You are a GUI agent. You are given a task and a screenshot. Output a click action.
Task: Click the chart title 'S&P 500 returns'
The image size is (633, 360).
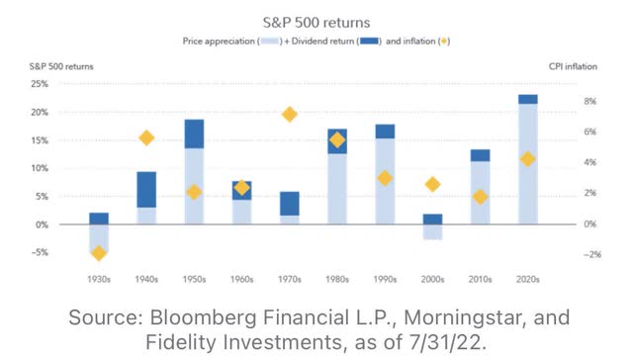(316, 20)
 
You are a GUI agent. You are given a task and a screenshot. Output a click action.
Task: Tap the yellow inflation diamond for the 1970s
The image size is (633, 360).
(290, 115)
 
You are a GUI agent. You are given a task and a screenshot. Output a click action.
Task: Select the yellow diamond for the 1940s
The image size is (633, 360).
(146, 138)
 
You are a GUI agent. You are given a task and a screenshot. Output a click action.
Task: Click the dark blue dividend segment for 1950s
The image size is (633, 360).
(194, 134)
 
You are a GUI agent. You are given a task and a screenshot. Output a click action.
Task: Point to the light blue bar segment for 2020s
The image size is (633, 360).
(527, 163)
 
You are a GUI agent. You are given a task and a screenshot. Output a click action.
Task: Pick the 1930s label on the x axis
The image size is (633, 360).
(99, 280)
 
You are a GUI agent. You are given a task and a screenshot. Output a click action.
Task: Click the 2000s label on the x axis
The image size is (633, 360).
(432, 280)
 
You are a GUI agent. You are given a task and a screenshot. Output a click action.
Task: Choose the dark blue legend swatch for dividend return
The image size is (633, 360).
(372, 43)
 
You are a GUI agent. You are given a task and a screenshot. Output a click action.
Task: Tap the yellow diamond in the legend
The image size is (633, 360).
(444, 43)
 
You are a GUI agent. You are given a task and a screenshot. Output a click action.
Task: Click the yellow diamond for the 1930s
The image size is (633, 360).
(99, 253)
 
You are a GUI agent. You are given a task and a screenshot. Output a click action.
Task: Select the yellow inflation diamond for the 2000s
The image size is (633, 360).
(432, 184)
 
